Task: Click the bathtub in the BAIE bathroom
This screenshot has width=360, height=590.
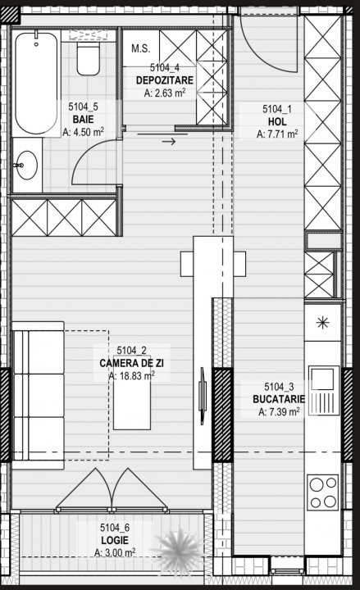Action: pos(36,83)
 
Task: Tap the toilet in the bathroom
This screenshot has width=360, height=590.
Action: pos(89,58)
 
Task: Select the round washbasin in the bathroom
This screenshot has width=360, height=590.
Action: pos(27,166)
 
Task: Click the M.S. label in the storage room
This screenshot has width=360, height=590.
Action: pos(141,48)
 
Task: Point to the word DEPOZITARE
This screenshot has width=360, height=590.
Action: pos(165,80)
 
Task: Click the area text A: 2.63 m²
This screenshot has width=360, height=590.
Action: pos(165,93)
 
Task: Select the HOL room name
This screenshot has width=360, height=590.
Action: pos(277,121)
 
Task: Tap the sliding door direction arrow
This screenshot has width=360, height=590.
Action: pos(169,142)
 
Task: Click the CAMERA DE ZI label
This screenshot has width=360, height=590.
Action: pos(131,363)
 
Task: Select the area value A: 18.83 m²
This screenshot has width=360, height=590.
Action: pos(131,376)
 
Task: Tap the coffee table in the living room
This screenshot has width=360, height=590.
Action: pos(132,401)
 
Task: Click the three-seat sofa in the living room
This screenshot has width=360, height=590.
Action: pos(38,396)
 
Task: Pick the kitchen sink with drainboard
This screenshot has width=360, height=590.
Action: pos(324,390)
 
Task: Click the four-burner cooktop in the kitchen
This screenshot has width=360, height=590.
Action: pos(322,492)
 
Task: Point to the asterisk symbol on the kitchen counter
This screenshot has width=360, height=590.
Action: pos(323,323)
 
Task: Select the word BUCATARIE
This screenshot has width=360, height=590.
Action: pos(279,399)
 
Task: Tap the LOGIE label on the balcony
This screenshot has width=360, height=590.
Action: pos(115,540)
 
